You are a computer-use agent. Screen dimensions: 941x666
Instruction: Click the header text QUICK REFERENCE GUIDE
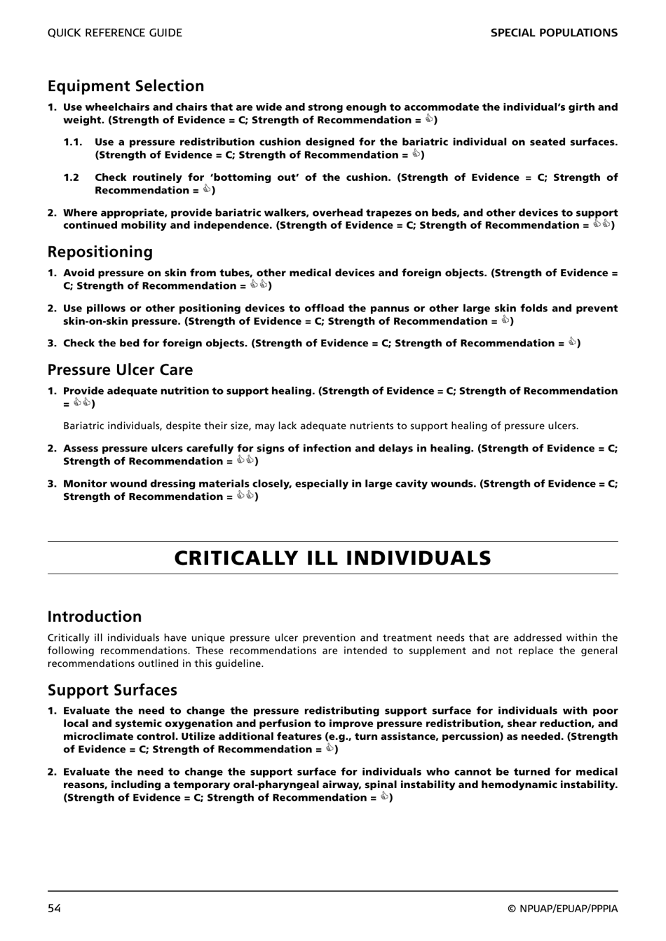pyautogui.click(x=114, y=33)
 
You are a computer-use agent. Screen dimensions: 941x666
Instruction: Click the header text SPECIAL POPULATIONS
pyautogui.click(x=554, y=33)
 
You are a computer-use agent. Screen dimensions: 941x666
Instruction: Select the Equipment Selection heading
pyautogui.click(x=126, y=86)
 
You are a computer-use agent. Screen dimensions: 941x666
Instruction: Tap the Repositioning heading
pyautogui.click(x=100, y=252)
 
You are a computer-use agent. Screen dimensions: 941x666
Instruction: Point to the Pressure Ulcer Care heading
pyautogui.click(x=120, y=370)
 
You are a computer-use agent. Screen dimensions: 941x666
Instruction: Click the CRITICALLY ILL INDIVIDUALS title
pyautogui.click(x=332, y=558)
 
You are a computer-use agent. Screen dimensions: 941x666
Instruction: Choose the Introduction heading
pyautogui.click(x=95, y=616)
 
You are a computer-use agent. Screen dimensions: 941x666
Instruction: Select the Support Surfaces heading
pyautogui.click(x=112, y=690)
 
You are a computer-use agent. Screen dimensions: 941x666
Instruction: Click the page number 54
pyautogui.click(x=55, y=909)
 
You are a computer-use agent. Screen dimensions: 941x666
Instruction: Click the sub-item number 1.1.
pyautogui.click(x=73, y=142)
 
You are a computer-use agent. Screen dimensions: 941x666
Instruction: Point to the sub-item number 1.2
pyautogui.click(x=72, y=177)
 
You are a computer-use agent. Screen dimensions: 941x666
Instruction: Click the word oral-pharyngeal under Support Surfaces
pyautogui.click(x=278, y=785)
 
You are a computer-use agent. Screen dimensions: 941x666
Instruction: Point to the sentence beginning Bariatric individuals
pyautogui.click(x=320, y=426)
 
